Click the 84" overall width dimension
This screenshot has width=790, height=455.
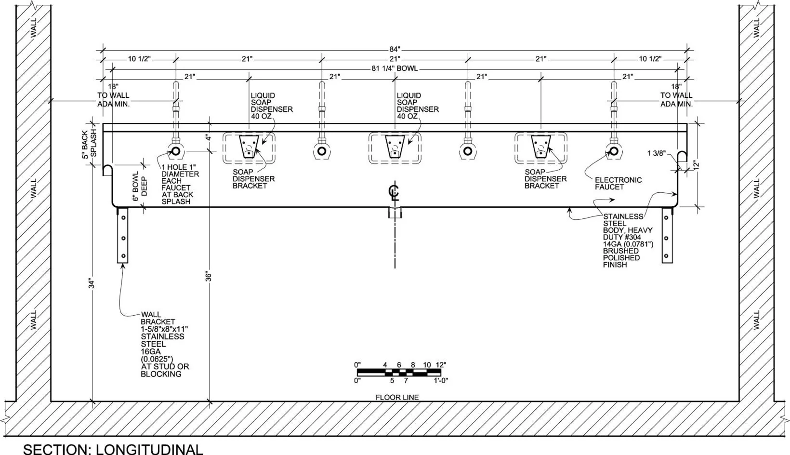click(x=395, y=49)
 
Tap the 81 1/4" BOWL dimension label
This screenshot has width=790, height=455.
click(x=395, y=68)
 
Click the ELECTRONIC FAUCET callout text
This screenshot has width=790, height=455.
click(x=618, y=183)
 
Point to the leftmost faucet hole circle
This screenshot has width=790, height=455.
click(x=176, y=151)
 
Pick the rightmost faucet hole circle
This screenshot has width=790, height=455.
click(x=614, y=151)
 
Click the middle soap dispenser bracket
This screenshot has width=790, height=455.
click(x=395, y=147)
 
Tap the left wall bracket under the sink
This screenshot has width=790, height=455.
click(x=123, y=235)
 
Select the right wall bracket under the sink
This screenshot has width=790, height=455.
click(x=667, y=235)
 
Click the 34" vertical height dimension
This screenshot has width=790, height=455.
click(x=92, y=284)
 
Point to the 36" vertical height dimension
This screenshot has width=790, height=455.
click(x=209, y=277)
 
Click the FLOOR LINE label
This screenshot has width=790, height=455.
click(x=397, y=397)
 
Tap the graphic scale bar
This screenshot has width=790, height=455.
click(x=399, y=373)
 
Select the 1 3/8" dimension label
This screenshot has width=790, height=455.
click(x=657, y=153)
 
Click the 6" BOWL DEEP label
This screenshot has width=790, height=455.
click(x=140, y=189)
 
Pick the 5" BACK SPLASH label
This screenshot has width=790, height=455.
click(x=90, y=143)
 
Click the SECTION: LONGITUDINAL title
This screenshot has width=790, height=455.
click(x=113, y=449)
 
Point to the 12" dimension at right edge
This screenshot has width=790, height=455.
click(x=696, y=165)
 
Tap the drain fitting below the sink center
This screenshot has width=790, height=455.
click(x=395, y=213)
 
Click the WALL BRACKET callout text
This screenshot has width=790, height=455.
click(x=165, y=344)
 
